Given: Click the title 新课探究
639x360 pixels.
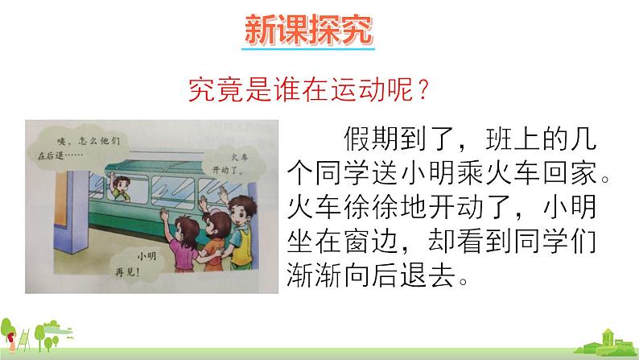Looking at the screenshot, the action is tap(308, 29).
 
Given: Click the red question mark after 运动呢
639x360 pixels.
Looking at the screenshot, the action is tap(423, 89).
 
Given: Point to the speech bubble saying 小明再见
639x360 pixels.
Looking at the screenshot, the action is tap(137, 264).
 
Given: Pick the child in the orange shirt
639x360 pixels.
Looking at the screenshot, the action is tap(215, 241).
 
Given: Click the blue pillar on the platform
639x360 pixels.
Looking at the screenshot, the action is tap(76, 212).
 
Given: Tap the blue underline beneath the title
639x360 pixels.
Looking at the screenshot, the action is tap(308, 49).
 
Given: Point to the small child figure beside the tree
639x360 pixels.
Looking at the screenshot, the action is tap(11, 341).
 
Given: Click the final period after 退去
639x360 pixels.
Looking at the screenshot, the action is tap(463, 282).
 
